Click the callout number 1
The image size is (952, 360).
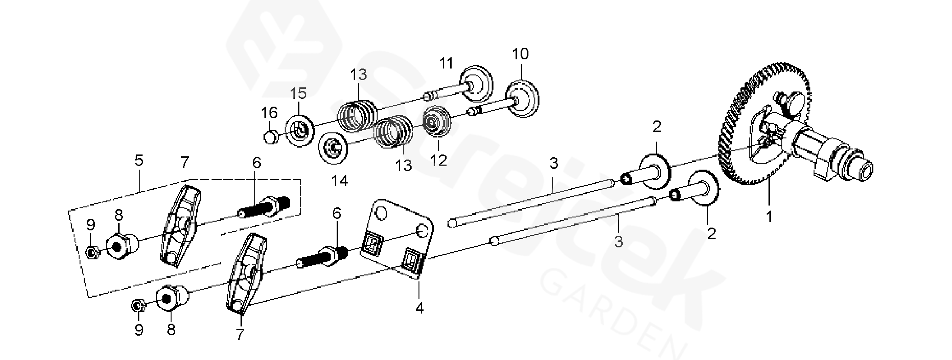(769, 216)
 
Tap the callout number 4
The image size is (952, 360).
(419, 308)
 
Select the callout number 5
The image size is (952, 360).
(139, 161)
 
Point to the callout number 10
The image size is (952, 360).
(521, 54)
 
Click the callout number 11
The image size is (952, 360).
(446, 63)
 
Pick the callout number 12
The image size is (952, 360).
(439, 160)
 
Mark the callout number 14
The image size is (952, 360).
(340, 181)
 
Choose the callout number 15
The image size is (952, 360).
(298, 94)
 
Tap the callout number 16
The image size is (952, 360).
(270, 113)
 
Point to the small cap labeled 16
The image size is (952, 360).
(271, 137)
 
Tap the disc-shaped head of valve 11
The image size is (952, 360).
(477, 85)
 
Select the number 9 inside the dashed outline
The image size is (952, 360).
(91, 225)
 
